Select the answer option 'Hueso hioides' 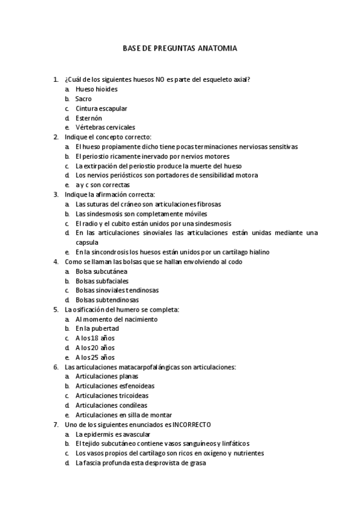(96, 89)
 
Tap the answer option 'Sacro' (84, 99)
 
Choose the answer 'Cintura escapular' (101, 108)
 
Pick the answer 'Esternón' (89, 118)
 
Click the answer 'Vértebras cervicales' (105, 127)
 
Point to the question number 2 (55, 137)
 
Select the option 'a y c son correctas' (102, 185)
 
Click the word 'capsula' (87, 242)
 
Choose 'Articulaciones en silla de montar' (124, 415)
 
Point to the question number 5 (55, 310)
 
